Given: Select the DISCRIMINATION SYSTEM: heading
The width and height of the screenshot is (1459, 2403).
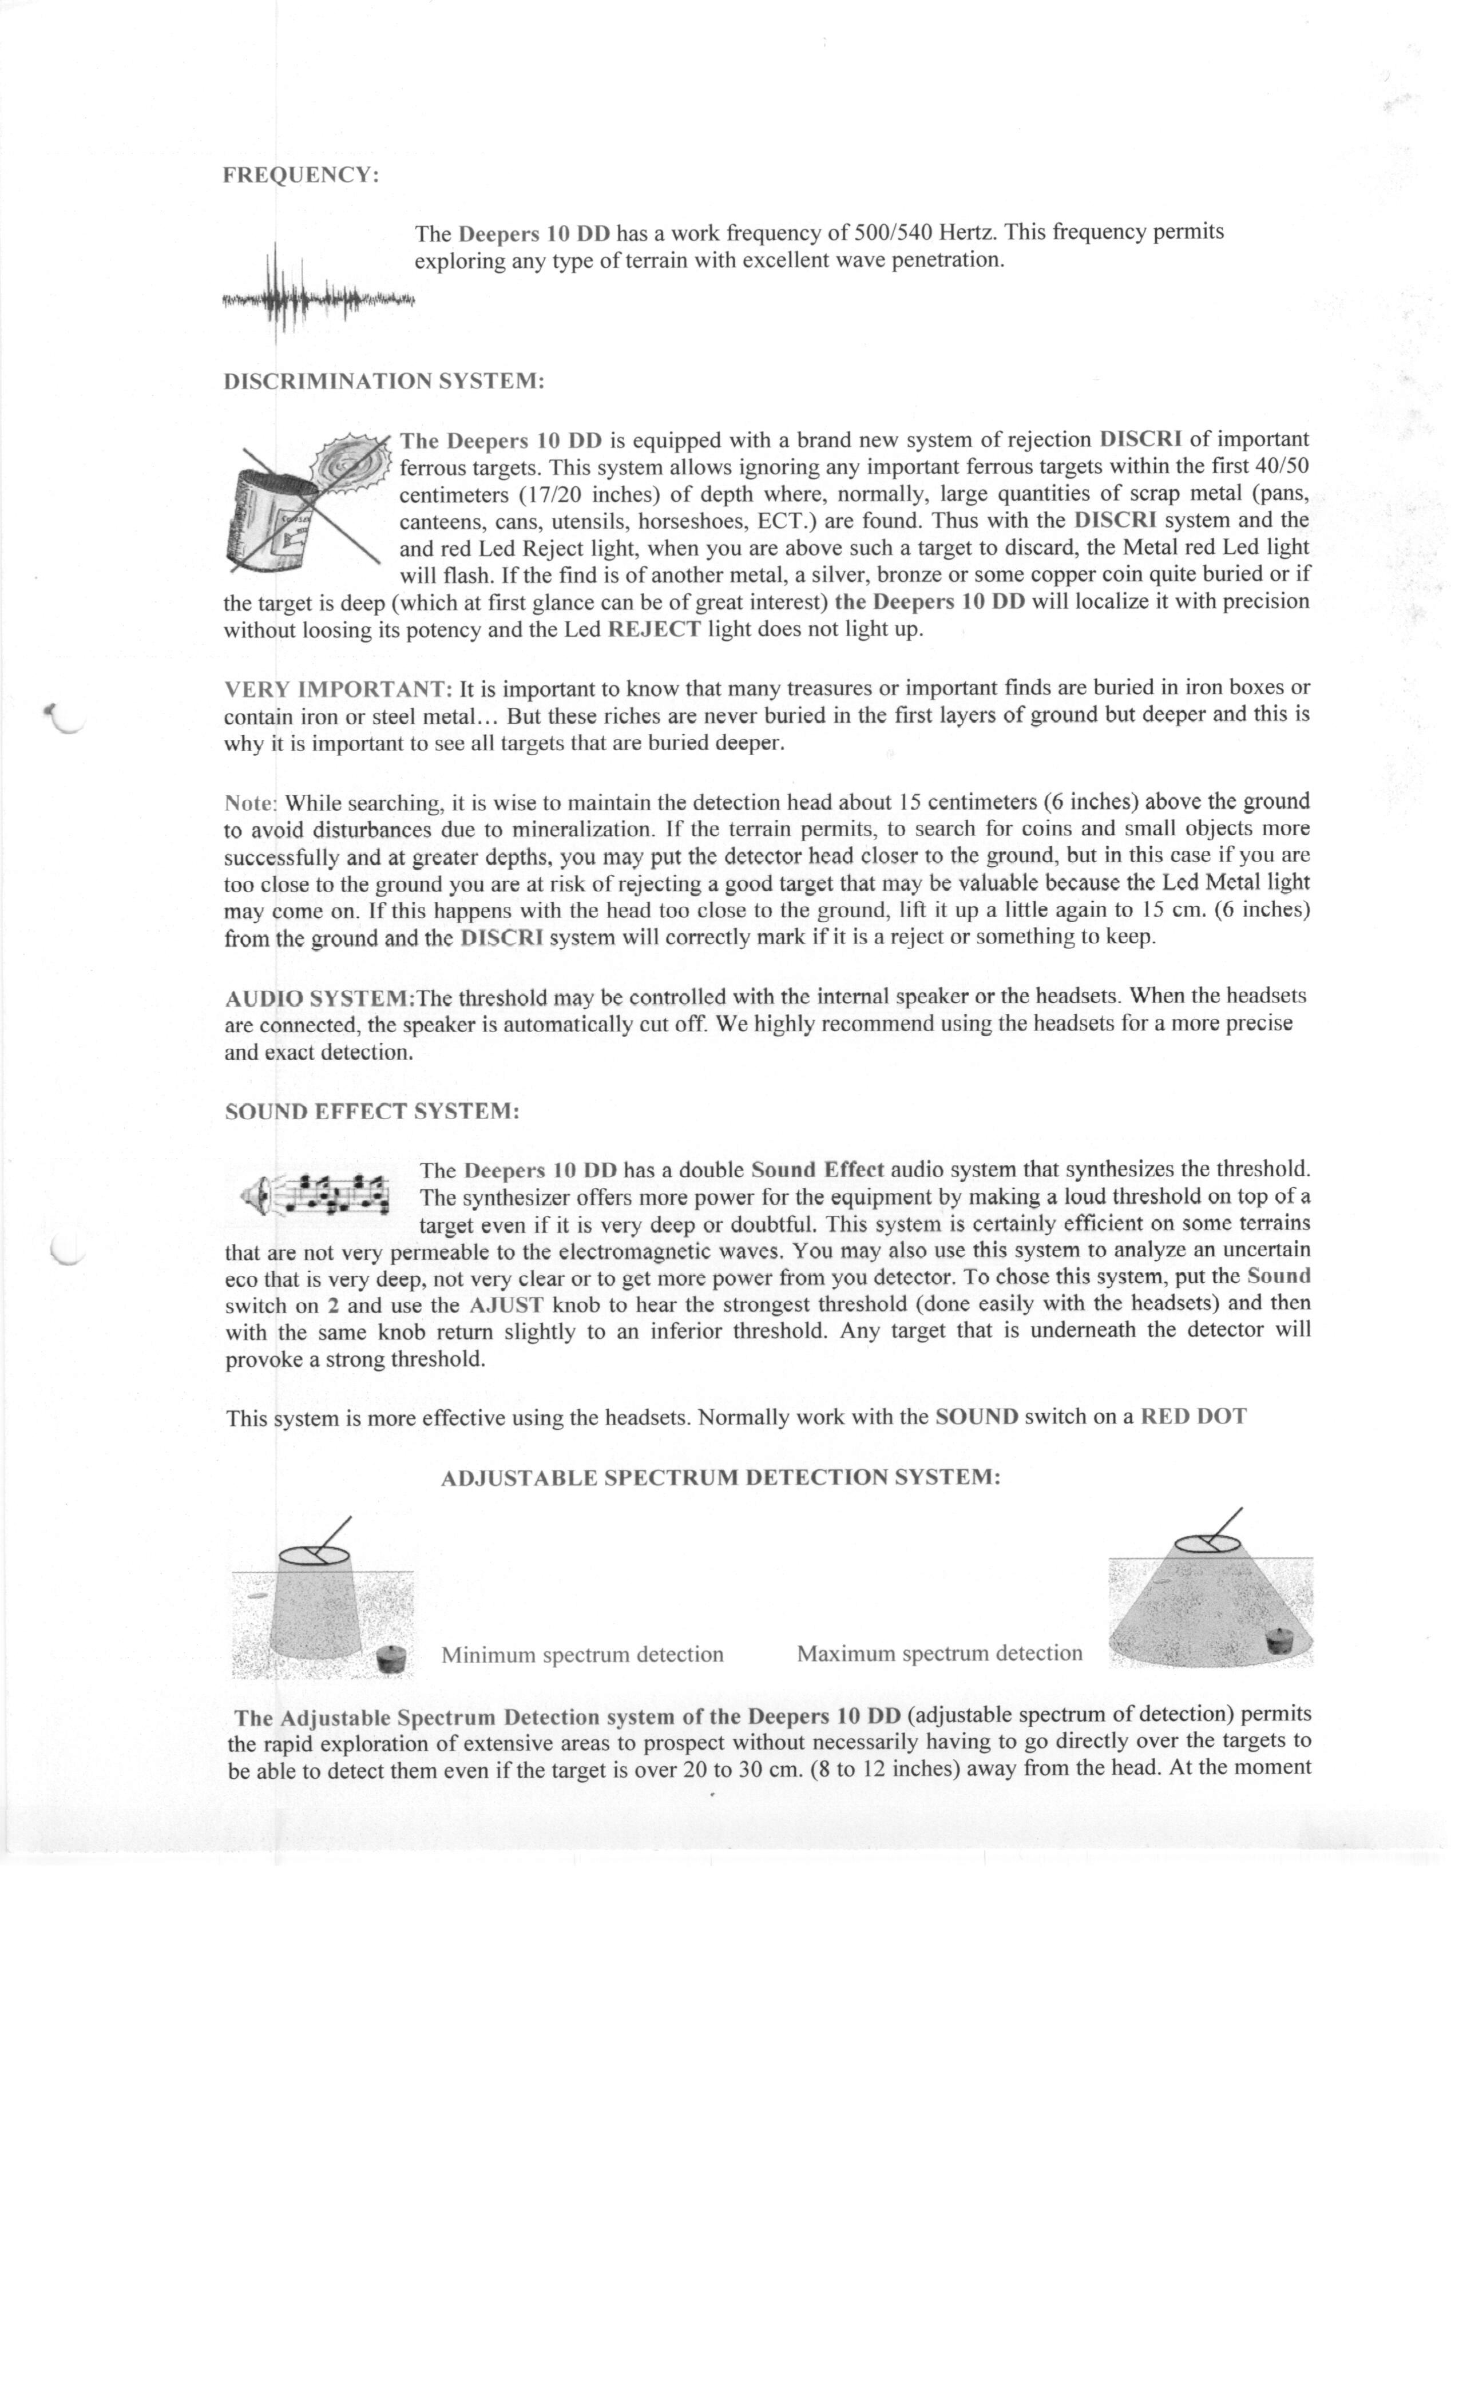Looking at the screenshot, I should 383,380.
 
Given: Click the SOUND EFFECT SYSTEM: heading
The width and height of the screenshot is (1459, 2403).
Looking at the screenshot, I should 371,1112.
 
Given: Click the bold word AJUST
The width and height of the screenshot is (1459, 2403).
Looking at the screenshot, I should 505,1305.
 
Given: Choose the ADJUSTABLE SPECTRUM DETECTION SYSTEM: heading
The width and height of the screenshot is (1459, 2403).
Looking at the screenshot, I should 721,1477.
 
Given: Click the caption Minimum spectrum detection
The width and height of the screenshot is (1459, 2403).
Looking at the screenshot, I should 582,1654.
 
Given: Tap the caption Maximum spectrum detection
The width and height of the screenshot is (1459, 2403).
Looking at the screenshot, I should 939,1653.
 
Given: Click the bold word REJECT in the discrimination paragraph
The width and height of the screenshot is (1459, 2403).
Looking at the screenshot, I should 653,629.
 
